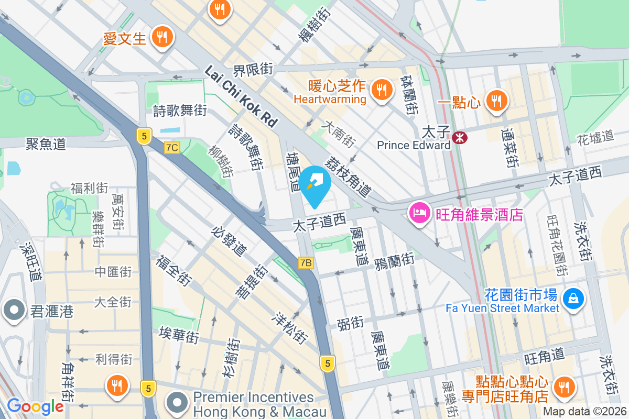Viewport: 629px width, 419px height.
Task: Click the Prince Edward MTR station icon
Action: click(460, 138)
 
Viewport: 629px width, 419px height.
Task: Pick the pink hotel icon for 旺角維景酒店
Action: click(420, 214)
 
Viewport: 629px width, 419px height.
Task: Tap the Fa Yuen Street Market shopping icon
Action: click(573, 299)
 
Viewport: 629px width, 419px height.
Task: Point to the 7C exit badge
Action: click(171, 147)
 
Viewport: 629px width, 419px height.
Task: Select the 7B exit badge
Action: click(306, 263)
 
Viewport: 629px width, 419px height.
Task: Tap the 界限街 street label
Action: click(253, 69)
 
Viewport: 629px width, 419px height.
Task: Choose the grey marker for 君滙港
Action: click(14, 311)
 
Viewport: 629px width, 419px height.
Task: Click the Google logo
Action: click(35, 406)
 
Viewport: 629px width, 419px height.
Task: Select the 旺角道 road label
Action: click(544, 358)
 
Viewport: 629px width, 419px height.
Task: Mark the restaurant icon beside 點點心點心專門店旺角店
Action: click(564, 387)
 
